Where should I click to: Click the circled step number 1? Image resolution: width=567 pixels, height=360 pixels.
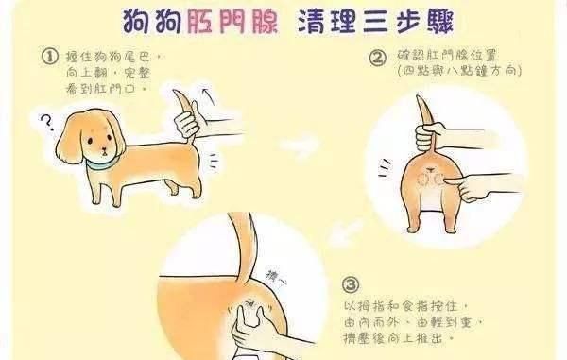pyautogui.click(x=50, y=58)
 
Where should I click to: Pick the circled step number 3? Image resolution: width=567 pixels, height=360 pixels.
pyautogui.click(x=351, y=283)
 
